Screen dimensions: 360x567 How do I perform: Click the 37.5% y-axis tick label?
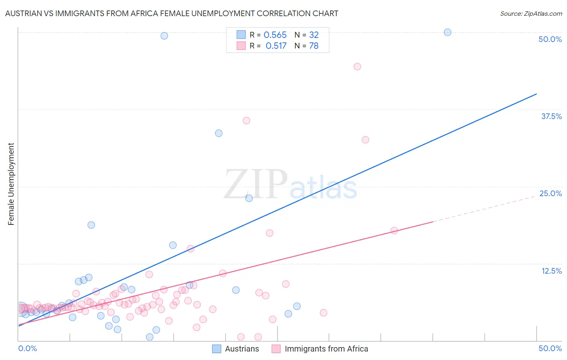click(x=551, y=116)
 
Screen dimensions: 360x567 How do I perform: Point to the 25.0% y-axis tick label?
click(x=550, y=193)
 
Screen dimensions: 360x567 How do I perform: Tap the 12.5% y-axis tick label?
click(x=551, y=271)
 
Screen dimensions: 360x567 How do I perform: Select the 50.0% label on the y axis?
click(x=550, y=39)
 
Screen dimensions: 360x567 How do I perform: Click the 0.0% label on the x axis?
click(x=28, y=348)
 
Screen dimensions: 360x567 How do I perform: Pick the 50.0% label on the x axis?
click(x=550, y=348)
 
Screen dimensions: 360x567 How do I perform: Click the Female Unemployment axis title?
click(x=11, y=184)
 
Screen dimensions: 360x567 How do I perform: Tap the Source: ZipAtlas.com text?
click(x=531, y=13)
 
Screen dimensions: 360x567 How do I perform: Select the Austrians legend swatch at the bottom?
click(x=217, y=349)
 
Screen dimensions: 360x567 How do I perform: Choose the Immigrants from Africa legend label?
click(x=326, y=349)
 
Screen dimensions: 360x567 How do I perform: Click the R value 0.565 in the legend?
click(x=275, y=35)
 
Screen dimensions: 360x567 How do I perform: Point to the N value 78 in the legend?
click(x=314, y=46)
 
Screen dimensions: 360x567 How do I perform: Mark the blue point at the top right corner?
click(x=447, y=32)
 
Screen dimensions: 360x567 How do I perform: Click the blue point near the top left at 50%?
click(x=164, y=36)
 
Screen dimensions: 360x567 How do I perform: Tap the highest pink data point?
click(x=357, y=67)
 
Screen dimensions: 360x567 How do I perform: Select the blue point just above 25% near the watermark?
click(x=249, y=198)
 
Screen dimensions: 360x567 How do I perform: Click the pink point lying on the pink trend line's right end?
click(x=394, y=230)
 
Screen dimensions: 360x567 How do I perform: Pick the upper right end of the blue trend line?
click(x=536, y=94)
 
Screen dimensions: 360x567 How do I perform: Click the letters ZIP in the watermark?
click(x=256, y=184)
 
